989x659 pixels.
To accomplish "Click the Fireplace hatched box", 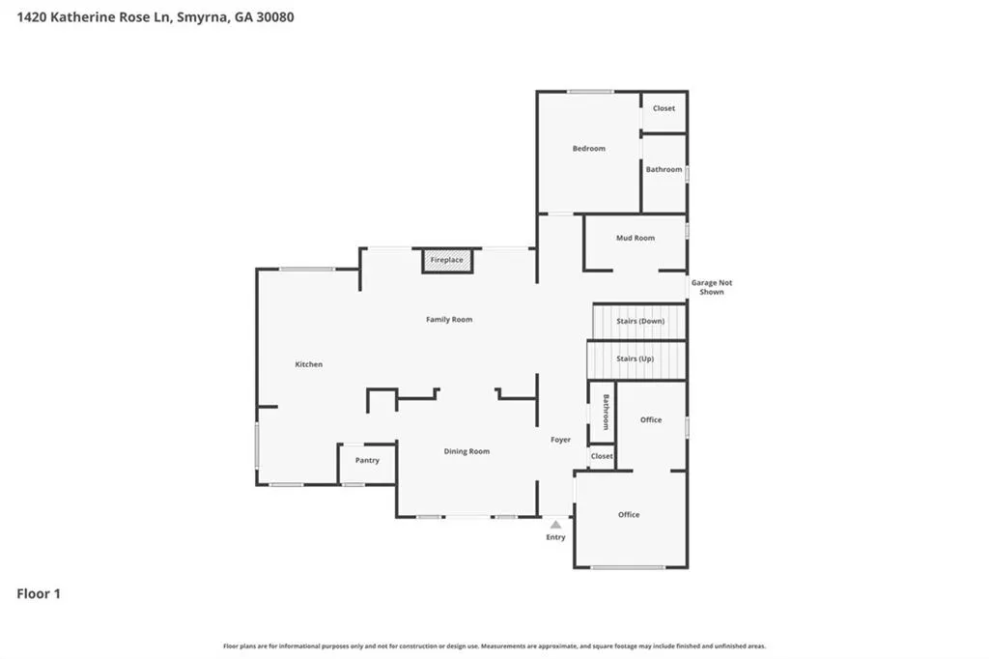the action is pyautogui.click(x=447, y=260).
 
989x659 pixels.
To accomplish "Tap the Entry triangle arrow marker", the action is pyautogui.click(x=555, y=525).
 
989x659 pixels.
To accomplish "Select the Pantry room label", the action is pyautogui.click(x=367, y=460).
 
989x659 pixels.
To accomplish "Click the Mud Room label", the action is pyautogui.click(x=636, y=238).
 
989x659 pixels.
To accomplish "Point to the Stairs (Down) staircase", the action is pyautogui.click(x=639, y=322).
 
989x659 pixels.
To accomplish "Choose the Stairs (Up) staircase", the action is pyautogui.click(x=636, y=359).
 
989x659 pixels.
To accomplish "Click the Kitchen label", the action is pyautogui.click(x=308, y=364).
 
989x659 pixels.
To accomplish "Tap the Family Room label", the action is pyautogui.click(x=449, y=320).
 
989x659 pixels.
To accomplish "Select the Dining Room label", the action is pyautogui.click(x=466, y=451).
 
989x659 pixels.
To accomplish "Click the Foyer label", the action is pyautogui.click(x=560, y=440).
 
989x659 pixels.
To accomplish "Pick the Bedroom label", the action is pyautogui.click(x=588, y=149).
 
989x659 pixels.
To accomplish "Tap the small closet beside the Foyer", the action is pyautogui.click(x=602, y=456).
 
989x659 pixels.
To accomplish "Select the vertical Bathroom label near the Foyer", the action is pyautogui.click(x=607, y=413).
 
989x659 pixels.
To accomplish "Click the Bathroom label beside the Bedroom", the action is pyautogui.click(x=664, y=169).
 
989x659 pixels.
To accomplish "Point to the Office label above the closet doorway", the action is pyautogui.click(x=651, y=419).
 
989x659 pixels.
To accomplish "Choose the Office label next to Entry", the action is pyautogui.click(x=629, y=514).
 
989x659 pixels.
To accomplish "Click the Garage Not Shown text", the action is pyautogui.click(x=712, y=287).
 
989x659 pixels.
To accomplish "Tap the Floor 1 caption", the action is pyautogui.click(x=39, y=594).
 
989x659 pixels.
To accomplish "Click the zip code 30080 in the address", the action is pyautogui.click(x=275, y=17).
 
